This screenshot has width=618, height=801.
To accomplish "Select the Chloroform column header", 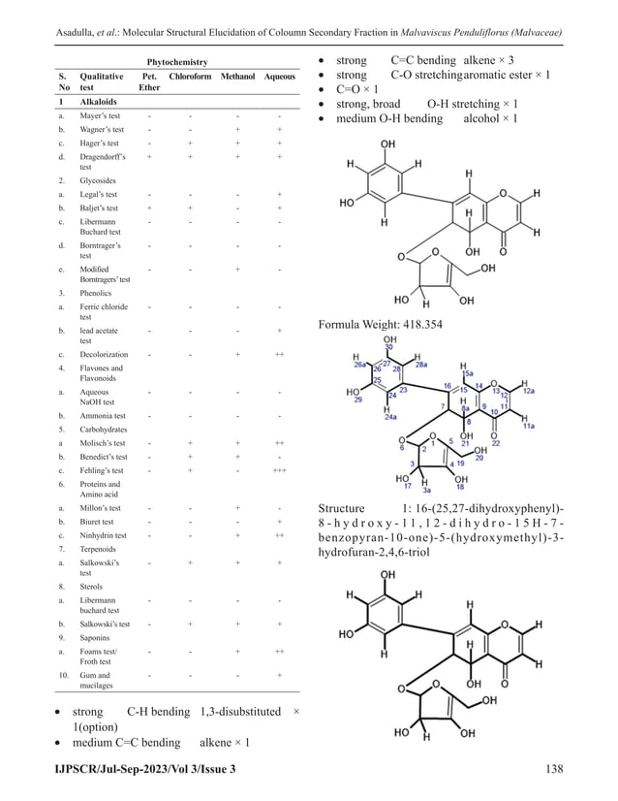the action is point(189,76).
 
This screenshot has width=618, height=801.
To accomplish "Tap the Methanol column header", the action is point(237,76).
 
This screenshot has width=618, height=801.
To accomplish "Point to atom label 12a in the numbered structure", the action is point(529,392).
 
